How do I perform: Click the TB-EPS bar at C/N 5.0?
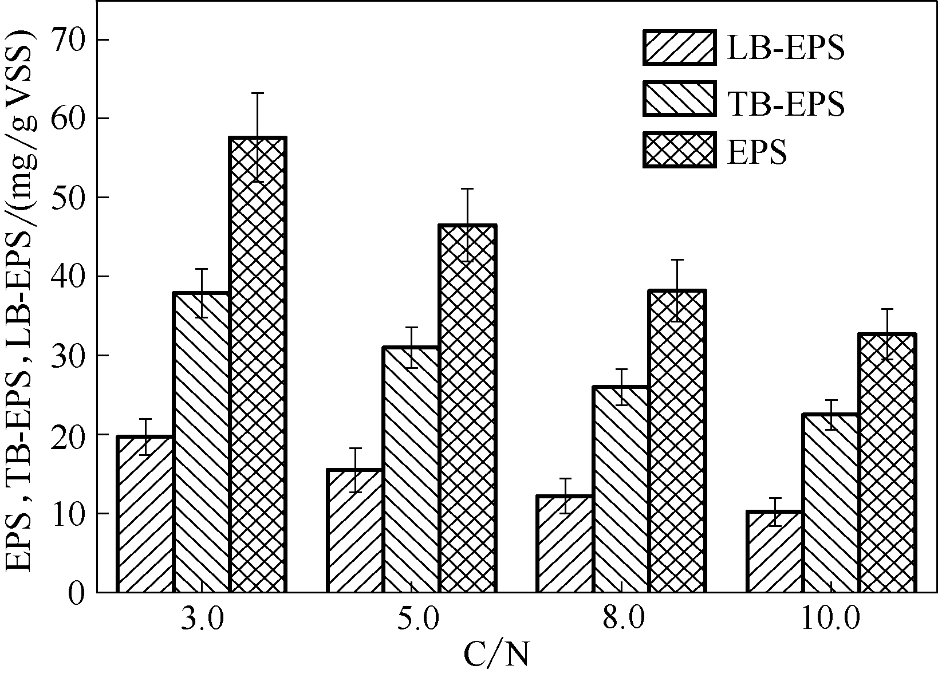(x=411, y=469)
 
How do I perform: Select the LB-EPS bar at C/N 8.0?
(x=565, y=544)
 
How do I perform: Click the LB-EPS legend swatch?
(x=679, y=47)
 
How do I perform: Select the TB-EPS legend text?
(x=785, y=104)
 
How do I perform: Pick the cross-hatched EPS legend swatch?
(x=679, y=150)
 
